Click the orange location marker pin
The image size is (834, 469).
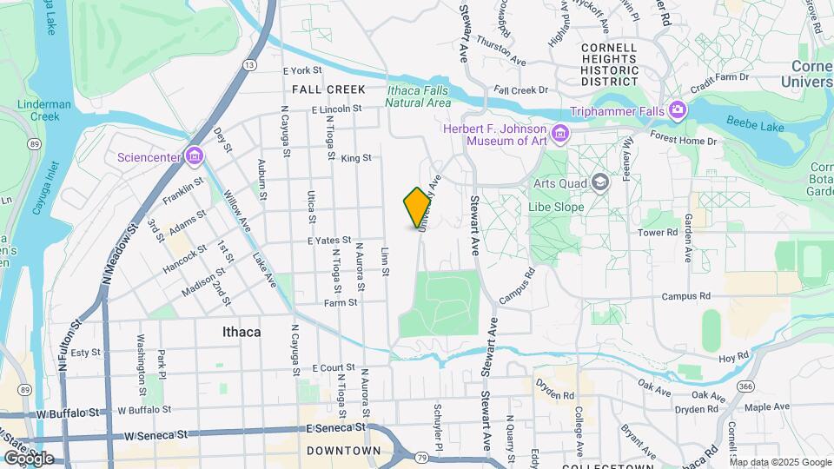(417, 207)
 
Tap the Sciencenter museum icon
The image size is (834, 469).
(195, 156)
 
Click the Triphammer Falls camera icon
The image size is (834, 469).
(676, 110)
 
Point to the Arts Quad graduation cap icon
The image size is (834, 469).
(599, 182)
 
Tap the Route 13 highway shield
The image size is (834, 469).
(250, 65)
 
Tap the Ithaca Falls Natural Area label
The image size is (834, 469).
(419, 96)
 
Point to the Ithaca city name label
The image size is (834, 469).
(242, 332)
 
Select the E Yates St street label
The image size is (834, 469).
(328, 240)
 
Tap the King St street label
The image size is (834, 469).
(356, 158)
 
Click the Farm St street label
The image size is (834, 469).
(341, 303)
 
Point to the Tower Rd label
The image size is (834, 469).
(658, 233)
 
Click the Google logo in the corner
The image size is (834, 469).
(29, 459)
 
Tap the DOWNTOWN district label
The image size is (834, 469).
(343, 451)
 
